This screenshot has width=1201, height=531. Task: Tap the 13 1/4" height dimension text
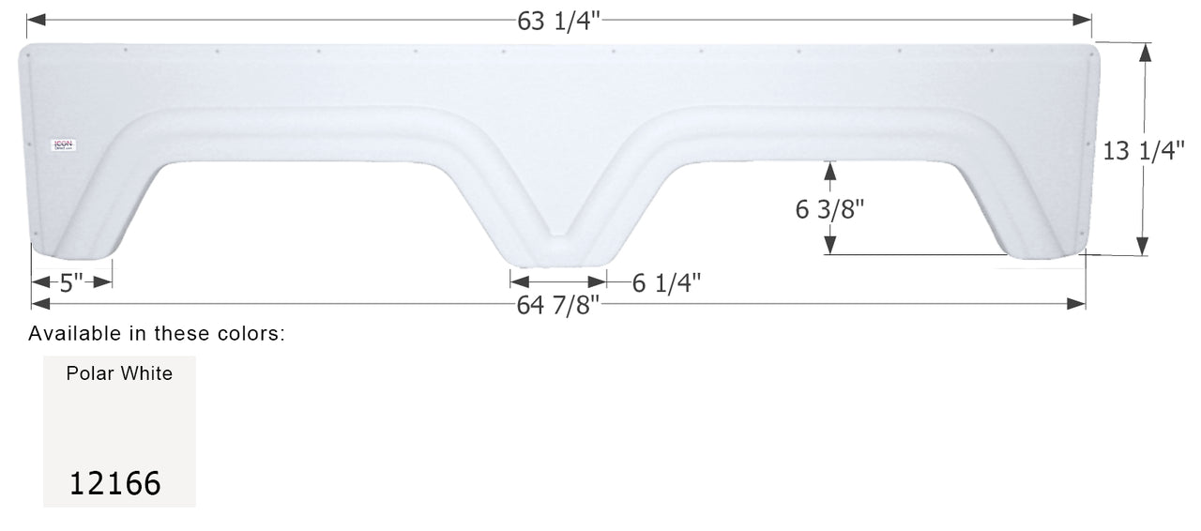[x=1144, y=151]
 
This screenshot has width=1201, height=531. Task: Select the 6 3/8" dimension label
[x=829, y=210]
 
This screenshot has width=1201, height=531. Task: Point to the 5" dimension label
[x=71, y=282]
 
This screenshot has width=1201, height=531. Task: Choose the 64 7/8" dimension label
[x=558, y=306]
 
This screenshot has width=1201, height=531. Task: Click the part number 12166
[x=114, y=484]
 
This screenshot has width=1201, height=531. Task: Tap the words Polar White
[x=119, y=373]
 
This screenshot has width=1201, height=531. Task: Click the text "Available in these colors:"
[x=156, y=333]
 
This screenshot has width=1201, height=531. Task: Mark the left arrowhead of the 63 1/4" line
[x=34, y=20]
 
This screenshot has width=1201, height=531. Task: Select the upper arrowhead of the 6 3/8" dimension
[x=829, y=169]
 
